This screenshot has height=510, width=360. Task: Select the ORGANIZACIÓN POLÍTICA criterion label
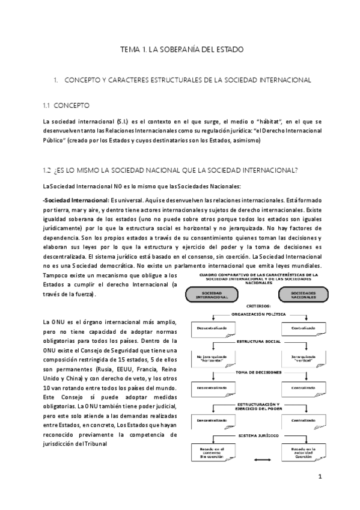pyautogui.click(x=253, y=314)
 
